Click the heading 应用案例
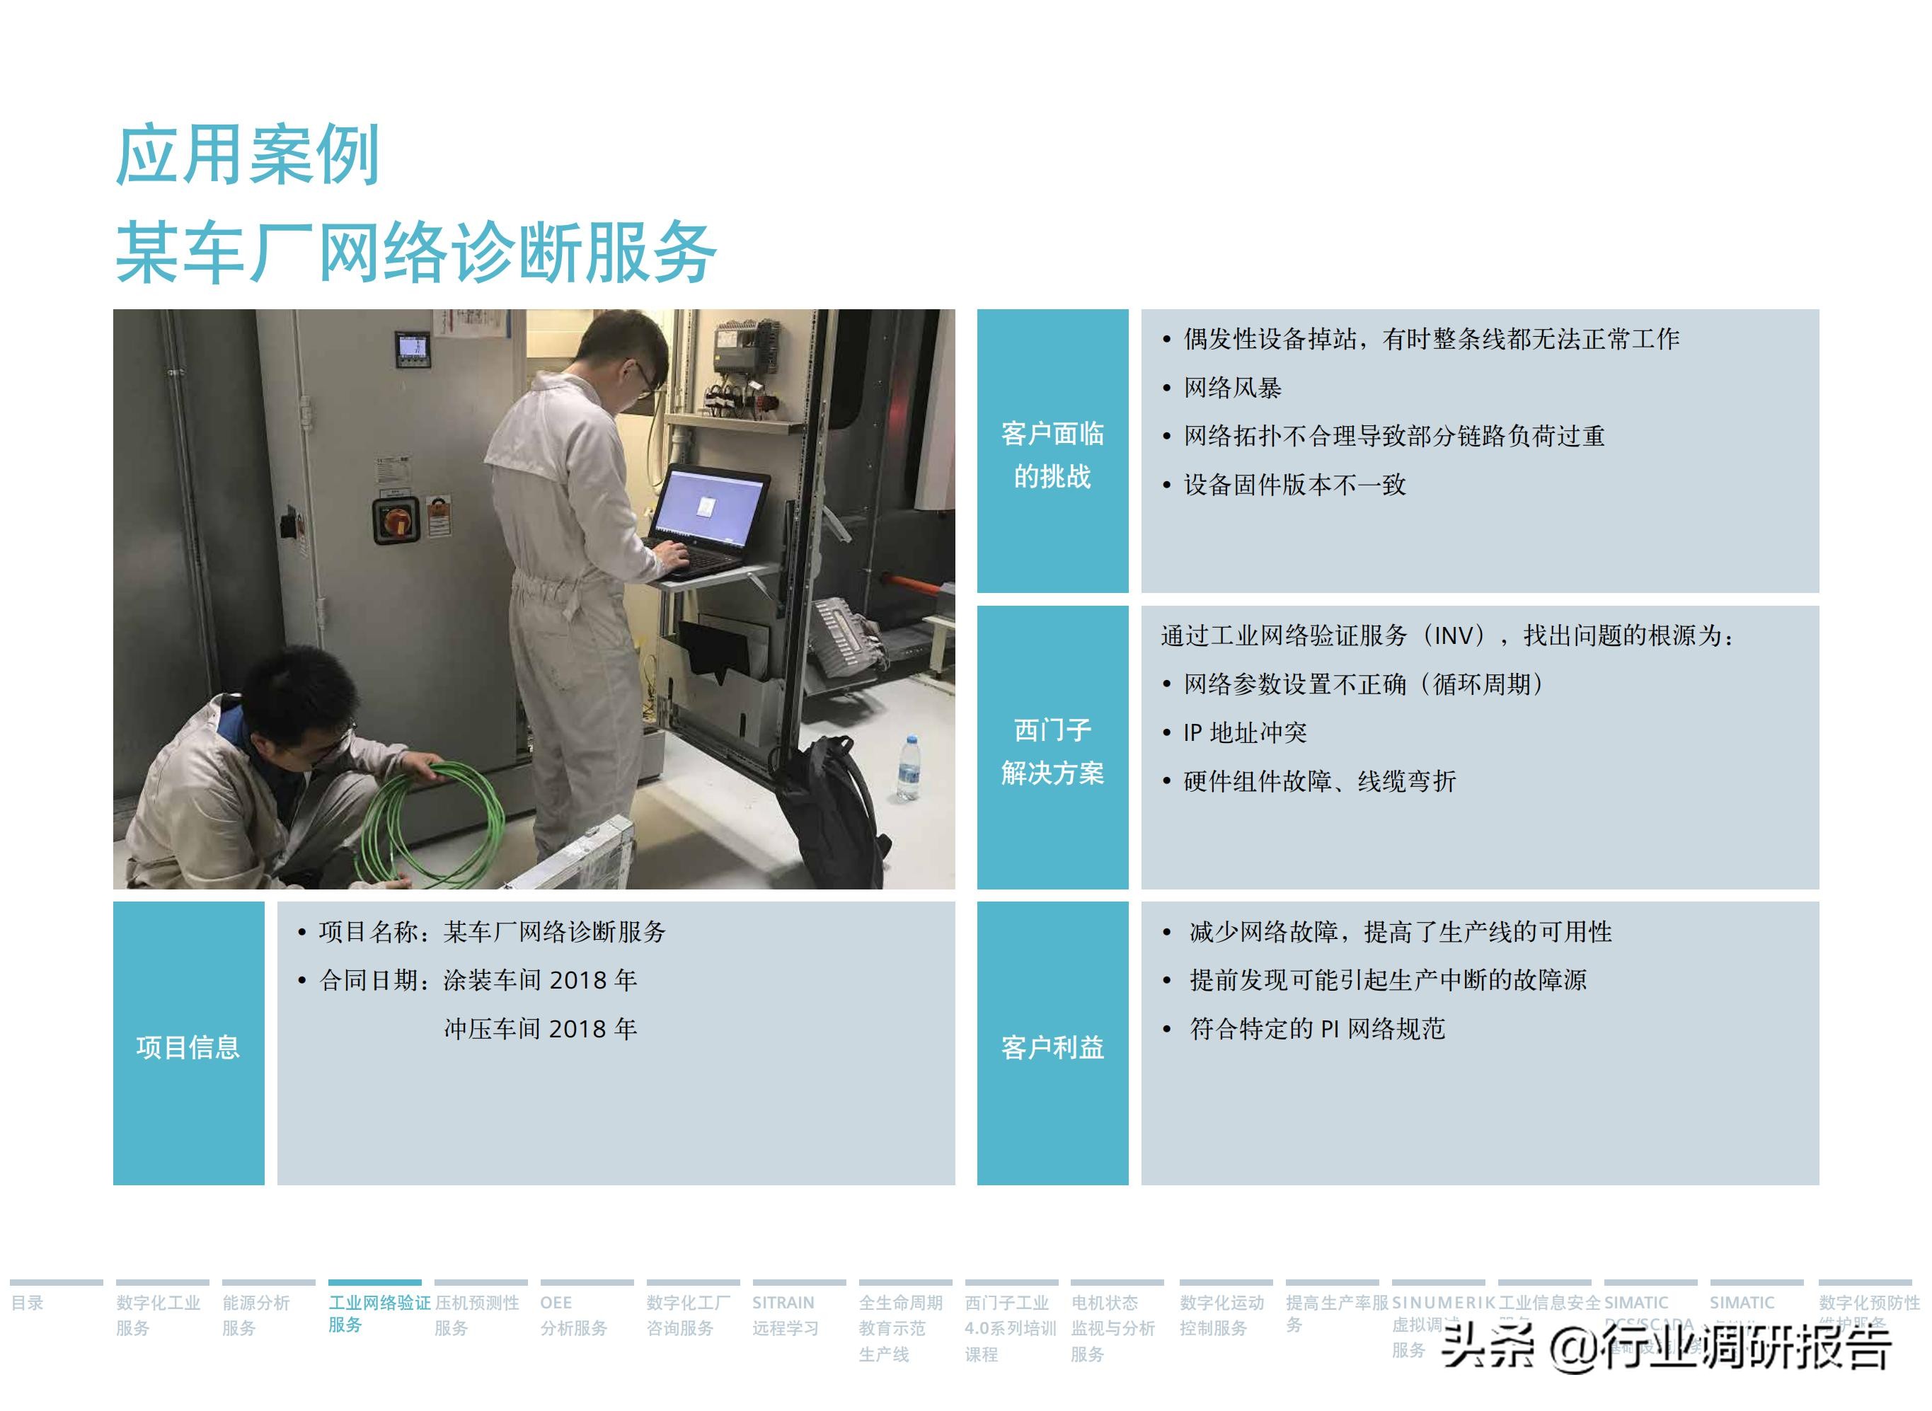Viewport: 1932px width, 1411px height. pos(248,156)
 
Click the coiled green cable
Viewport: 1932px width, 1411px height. pos(431,824)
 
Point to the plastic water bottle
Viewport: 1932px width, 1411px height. pos(908,768)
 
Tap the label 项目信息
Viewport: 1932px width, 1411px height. pos(188,1047)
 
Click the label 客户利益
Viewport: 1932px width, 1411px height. pos(1052,1047)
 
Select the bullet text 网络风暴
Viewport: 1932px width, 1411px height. pos(1231,388)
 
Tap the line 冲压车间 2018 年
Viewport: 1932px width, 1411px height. pos(540,1028)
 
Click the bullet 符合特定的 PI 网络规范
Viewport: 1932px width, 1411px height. pos(1316,1028)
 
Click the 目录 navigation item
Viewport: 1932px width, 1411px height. pos(28,1303)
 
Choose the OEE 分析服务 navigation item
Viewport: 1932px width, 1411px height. pos(573,1315)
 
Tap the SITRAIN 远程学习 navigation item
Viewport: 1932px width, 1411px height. pos(784,1315)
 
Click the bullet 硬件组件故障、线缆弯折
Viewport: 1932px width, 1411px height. pos(1320,781)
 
